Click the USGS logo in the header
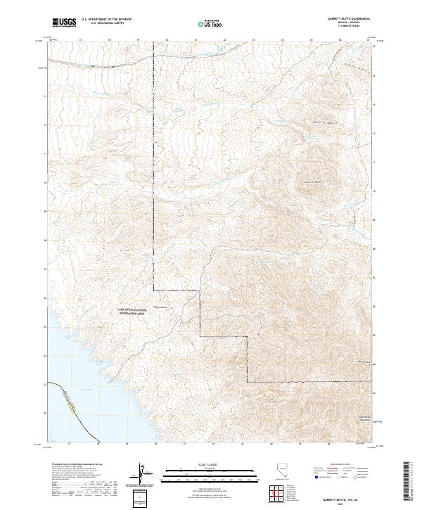(x=64, y=23)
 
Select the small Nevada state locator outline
(x=282, y=471)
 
